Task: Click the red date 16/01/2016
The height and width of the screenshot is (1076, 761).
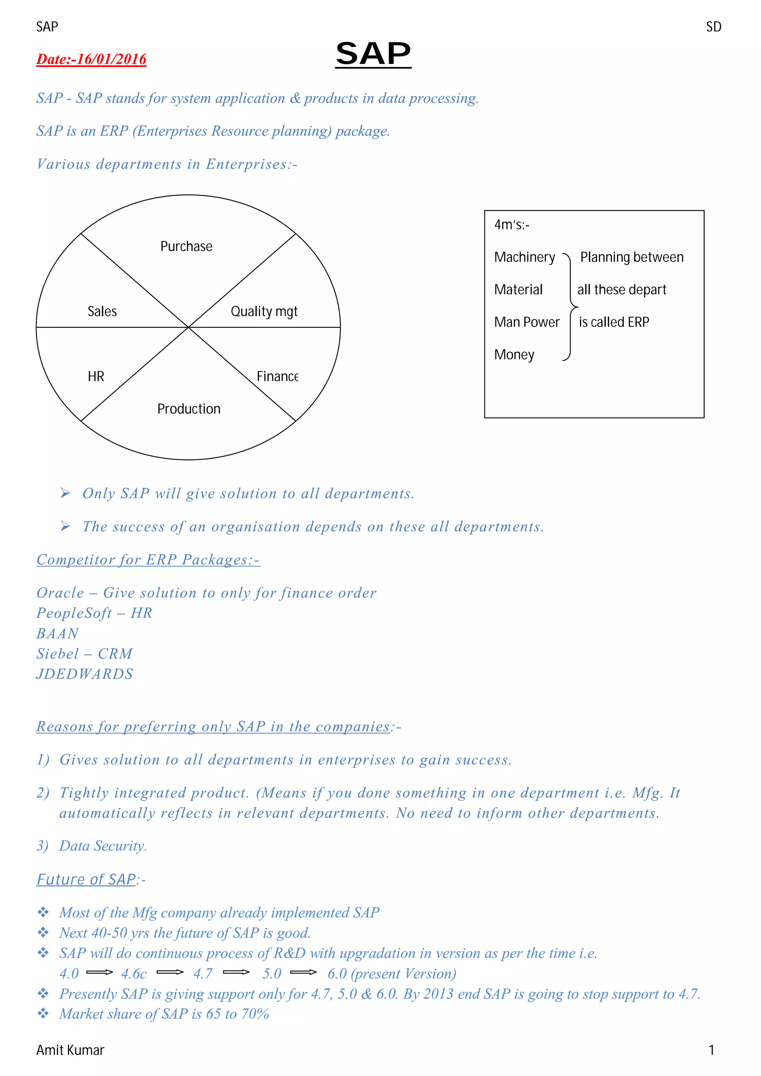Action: click(x=91, y=59)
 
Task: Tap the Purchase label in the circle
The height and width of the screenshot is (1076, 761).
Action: click(x=186, y=247)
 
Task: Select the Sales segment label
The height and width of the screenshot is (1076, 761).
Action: click(x=102, y=311)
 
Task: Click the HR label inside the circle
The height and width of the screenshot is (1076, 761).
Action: click(x=96, y=376)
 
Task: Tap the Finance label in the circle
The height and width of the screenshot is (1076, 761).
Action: click(x=277, y=376)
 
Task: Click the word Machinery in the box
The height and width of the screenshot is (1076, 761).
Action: click(x=524, y=257)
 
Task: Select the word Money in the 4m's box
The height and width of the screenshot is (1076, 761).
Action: click(x=514, y=355)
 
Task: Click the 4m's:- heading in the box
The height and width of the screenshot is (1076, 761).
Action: click(x=512, y=225)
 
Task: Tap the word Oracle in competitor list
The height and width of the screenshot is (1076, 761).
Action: click(x=61, y=593)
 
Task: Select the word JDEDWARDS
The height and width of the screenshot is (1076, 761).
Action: click(x=85, y=674)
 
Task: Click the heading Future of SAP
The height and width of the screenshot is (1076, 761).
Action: click(x=86, y=880)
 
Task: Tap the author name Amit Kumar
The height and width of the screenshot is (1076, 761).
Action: click(x=70, y=1050)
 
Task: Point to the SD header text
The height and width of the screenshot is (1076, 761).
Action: click(x=714, y=27)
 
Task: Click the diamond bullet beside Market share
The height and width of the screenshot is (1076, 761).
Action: click(x=43, y=1013)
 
